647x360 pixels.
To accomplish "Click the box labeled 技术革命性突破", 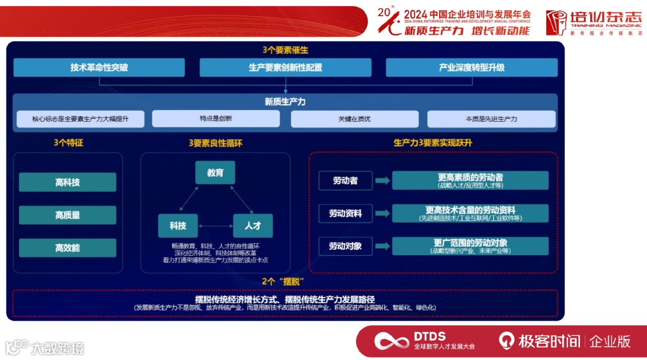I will (x=99, y=68).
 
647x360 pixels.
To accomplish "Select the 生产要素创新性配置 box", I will (x=285, y=68).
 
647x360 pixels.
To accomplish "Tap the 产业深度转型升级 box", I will (x=471, y=68).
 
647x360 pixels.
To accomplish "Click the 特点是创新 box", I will (x=216, y=119).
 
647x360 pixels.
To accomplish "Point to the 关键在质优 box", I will (x=354, y=119).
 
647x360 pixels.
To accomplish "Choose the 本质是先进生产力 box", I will (x=491, y=119).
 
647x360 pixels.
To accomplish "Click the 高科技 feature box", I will (x=67, y=182).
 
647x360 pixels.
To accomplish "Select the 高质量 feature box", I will (x=67, y=215).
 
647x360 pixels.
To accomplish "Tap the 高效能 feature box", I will (x=67, y=248).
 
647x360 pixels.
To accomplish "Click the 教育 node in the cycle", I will (x=215, y=173).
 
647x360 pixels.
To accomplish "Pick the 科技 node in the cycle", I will (x=178, y=226).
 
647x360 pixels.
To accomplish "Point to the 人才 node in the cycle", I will (x=252, y=226).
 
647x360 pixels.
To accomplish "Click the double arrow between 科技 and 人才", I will (x=215, y=226).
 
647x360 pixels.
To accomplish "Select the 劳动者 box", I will (x=345, y=180).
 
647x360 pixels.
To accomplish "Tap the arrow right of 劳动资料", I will (x=382, y=213).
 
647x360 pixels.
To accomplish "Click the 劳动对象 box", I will (x=345, y=246).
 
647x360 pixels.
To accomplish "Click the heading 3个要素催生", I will (x=285, y=50).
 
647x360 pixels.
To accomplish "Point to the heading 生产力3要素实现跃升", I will (x=433, y=143).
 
